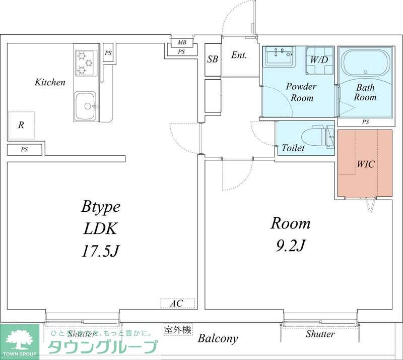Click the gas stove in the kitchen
pyautogui.click(x=85, y=63)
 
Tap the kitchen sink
pyautogui.click(x=86, y=106)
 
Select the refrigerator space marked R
pyautogui.click(x=21, y=126)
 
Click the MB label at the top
pyautogui.click(x=181, y=42)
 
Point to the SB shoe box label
pyautogui.click(x=213, y=59)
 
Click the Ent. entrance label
pyautogui.click(x=239, y=55)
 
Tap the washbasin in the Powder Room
pyautogui.click(x=279, y=56)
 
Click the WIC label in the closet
pyautogui.click(x=366, y=164)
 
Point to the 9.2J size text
pyautogui.click(x=291, y=246)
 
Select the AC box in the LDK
pyautogui.click(x=176, y=304)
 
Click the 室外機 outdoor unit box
pyautogui.click(x=178, y=330)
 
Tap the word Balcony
pyautogui.click(x=218, y=338)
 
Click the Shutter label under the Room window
pyautogui.click(x=320, y=334)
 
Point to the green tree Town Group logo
pyautogui.click(x=20, y=339)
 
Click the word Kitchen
pyautogui.click(x=50, y=82)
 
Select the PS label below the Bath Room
pyautogui.click(x=366, y=122)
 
